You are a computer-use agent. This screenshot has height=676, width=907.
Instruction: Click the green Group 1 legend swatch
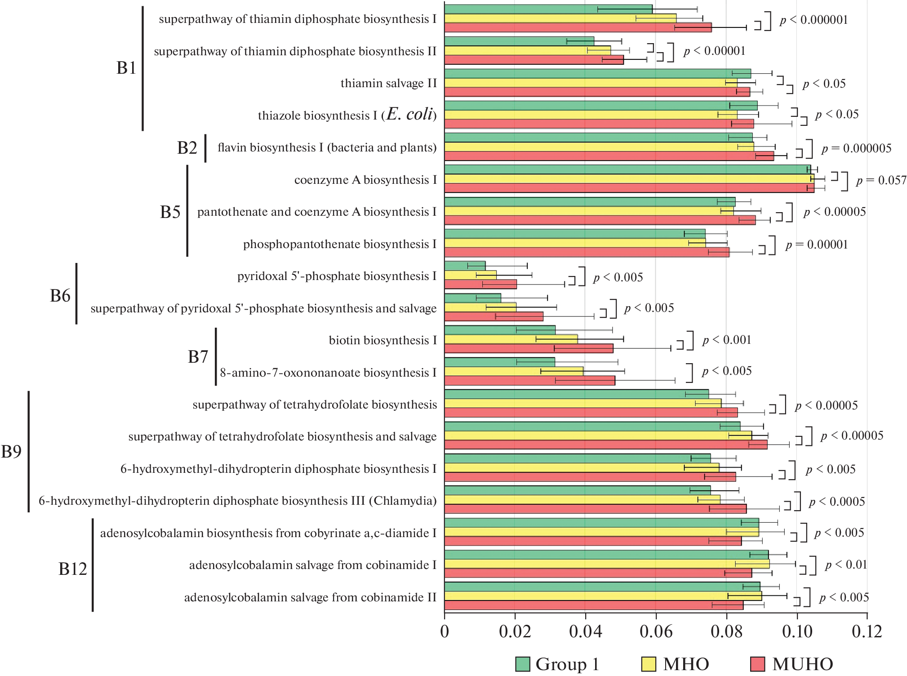(523, 664)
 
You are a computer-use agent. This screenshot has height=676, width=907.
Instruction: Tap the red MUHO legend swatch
(758, 664)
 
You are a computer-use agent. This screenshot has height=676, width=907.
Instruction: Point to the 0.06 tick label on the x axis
(656, 632)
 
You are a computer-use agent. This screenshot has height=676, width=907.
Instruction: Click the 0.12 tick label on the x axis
(867, 632)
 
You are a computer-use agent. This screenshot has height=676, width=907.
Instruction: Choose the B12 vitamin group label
(72, 569)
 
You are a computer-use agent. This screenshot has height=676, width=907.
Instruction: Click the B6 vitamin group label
(60, 296)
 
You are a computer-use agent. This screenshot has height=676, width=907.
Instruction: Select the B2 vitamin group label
(187, 148)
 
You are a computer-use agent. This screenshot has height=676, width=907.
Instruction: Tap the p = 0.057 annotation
(881, 180)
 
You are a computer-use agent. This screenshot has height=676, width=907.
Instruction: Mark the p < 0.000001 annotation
(814, 20)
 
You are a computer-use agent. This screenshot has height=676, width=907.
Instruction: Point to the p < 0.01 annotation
(846, 565)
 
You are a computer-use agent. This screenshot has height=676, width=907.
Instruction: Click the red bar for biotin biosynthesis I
(529, 348)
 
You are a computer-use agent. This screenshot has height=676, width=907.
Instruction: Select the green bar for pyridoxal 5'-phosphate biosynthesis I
(465, 266)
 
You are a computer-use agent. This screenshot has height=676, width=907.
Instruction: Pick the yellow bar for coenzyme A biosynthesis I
(629, 179)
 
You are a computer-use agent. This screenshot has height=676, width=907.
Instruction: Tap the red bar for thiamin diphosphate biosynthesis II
(534, 59)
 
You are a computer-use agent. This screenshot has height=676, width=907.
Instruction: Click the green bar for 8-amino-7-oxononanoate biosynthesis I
(499, 362)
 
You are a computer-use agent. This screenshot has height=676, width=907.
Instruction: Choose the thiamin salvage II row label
(388, 84)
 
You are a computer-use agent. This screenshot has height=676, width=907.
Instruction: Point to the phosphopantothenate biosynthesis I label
(339, 244)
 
